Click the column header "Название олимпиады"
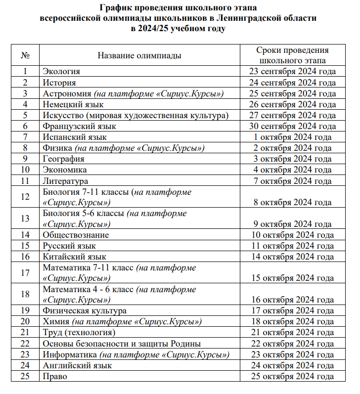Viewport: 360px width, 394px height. coord(139,55)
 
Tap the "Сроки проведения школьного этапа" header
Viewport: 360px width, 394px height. coord(292,55)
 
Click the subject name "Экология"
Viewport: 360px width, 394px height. coord(61,71)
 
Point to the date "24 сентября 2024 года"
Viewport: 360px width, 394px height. coord(292,83)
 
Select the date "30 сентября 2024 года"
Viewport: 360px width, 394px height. coord(292,126)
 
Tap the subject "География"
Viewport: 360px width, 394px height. coord(63,159)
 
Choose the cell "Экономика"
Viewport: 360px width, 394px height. coord(65,170)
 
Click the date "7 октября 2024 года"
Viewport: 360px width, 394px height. coord(292,181)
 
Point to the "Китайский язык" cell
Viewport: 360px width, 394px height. coord(74,257)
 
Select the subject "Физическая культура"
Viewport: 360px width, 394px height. coord(85,310)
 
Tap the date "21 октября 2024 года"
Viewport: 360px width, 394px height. coord(292,332)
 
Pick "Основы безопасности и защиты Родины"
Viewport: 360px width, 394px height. coord(122,344)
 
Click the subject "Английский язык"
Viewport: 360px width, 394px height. coord(77,365)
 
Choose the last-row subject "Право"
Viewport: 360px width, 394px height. coord(55,376)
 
